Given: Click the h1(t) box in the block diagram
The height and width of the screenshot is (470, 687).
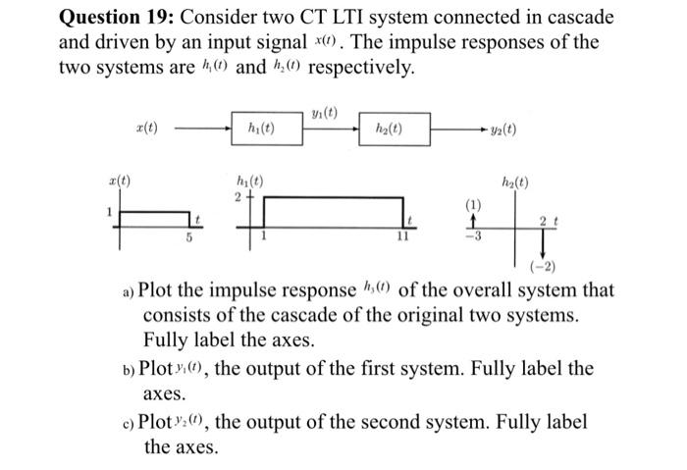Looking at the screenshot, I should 261,128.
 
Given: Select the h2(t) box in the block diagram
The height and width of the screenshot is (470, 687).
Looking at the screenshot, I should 388,128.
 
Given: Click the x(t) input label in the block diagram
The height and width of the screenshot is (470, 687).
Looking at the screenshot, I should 151,128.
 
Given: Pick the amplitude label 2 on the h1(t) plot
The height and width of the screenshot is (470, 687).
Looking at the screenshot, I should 237,196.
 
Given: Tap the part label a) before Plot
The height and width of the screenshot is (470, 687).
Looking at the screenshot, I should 129,291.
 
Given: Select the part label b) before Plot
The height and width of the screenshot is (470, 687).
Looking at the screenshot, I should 128,371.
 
